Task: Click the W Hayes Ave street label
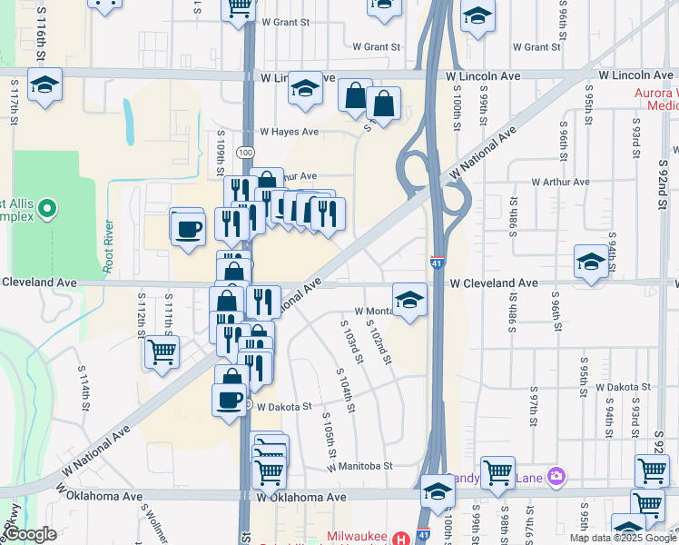289,132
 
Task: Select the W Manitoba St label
359,466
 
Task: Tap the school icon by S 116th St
44,85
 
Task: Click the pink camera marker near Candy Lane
556,476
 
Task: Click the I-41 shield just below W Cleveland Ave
437,263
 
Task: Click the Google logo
30,535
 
